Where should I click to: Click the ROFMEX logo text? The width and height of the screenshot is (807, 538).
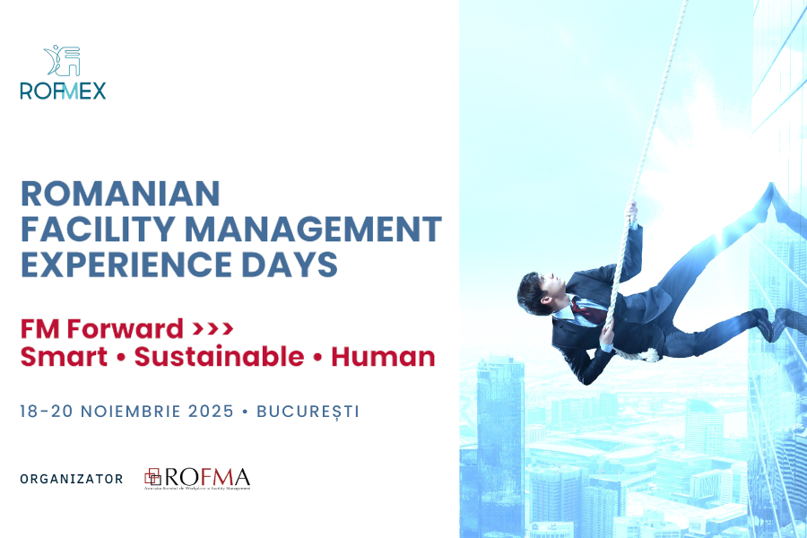point(63,91)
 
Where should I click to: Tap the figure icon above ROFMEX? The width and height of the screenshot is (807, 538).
point(63,61)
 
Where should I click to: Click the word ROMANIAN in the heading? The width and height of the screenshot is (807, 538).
point(120,194)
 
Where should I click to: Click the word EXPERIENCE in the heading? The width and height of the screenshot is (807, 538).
point(120,265)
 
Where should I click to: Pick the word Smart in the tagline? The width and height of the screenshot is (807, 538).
point(62,357)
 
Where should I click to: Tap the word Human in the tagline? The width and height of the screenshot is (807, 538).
point(383,357)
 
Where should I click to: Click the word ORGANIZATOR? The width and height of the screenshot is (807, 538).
point(72,479)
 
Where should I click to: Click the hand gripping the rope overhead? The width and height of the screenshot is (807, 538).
point(632,213)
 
